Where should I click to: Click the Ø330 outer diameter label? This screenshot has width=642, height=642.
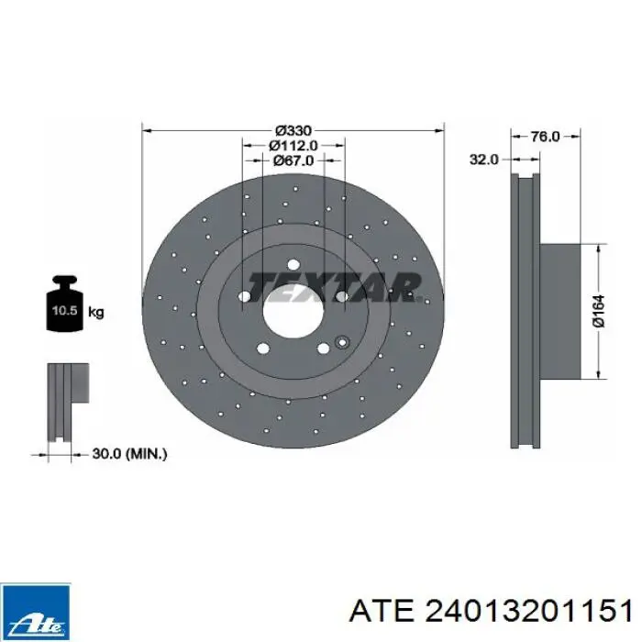[x=293, y=130]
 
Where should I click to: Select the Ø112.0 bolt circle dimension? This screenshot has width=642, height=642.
[x=293, y=145]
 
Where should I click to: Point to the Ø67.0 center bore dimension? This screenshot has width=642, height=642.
[x=293, y=160]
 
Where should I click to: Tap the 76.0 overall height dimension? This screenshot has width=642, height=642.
[x=545, y=137]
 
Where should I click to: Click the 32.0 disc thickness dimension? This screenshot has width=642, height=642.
[x=484, y=160]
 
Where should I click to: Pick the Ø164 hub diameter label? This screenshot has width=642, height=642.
[x=598, y=311]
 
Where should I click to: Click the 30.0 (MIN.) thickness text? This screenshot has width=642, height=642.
[x=129, y=454]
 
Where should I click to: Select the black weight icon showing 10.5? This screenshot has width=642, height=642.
[x=65, y=303]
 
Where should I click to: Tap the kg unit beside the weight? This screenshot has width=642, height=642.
[x=96, y=313]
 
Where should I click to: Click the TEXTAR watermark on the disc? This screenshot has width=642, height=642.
[x=334, y=287]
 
